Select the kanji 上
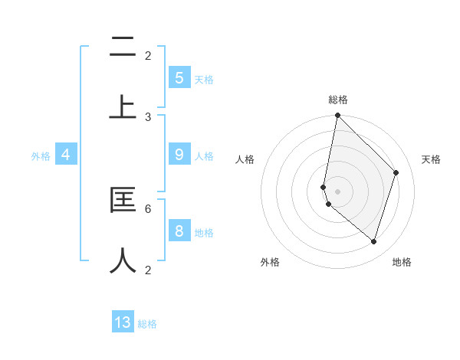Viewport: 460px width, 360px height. click(123, 107)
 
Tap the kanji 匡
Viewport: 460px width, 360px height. click(123, 201)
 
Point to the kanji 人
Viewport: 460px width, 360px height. click(123, 260)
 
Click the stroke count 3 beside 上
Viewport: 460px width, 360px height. click(148, 117)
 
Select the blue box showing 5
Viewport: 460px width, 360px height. click(179, 77)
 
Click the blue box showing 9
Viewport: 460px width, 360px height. click(179, 155)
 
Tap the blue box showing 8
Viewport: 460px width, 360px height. click(179, 231)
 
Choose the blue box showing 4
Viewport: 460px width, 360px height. click(66, 155)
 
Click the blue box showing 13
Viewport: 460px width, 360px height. click(123, 322)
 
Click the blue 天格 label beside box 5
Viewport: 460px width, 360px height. click(204, 79)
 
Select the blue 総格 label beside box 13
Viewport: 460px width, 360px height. click(147, 324)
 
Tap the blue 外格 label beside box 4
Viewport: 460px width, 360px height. click(41, 156)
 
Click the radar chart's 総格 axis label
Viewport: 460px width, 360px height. click(337, 100)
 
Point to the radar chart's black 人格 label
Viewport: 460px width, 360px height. click(245, 159)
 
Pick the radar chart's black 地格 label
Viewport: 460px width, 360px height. click(402, 262)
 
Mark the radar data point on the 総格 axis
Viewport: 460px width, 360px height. click(337, 115)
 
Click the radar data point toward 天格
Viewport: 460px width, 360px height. click(396, 172)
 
